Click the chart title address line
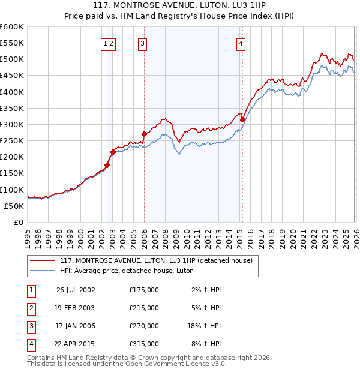tap(180, 5)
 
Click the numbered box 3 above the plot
tap(142, 43)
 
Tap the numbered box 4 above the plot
tap(240, 43)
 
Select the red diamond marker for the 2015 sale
tap(242, 119)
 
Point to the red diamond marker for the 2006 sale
tap(144, 134)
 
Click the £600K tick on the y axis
tap(12, 27)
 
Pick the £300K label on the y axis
tap(12, 125)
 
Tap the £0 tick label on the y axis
tap(18, 222)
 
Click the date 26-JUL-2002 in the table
tap(76, 290)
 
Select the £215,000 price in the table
tap(144, 308)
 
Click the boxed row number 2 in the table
tap(30, 308)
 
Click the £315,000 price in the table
tap(144, 344)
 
